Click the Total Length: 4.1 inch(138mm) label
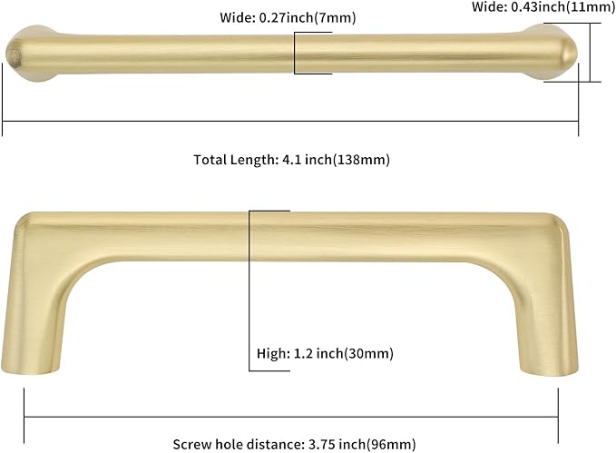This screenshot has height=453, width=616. (291, 160)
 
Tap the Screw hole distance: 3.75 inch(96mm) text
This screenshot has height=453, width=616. (294, 444)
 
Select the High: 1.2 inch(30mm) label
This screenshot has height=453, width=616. (324, 352)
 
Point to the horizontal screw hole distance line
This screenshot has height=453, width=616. (290, 417)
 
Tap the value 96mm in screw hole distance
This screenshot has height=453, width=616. (395, 444)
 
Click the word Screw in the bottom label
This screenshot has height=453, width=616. (191, 444)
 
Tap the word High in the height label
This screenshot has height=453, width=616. (270, 352)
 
